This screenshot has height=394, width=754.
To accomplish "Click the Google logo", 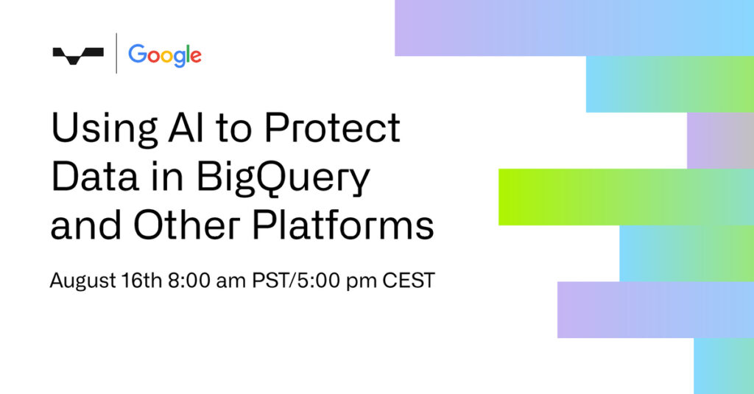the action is click(164, 55).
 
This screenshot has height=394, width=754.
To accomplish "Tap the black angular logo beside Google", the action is click(78, 55).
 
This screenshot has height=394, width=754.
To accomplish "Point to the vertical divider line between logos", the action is click(116, 53).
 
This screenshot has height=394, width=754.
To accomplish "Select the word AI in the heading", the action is click(186, 128).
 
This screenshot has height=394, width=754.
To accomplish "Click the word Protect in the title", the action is click(332, 128).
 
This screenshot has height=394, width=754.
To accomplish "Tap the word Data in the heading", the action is click(95, 177).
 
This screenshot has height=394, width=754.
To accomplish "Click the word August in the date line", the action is click(82, 281).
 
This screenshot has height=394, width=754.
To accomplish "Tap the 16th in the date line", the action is click(141, 280).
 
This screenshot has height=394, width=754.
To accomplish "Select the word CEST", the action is click(409, 281).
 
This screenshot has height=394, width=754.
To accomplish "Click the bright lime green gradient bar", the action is click(626, 197).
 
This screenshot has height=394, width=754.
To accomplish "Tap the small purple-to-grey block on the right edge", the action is click(720, 141).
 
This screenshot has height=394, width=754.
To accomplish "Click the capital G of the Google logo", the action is click(137, 54).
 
